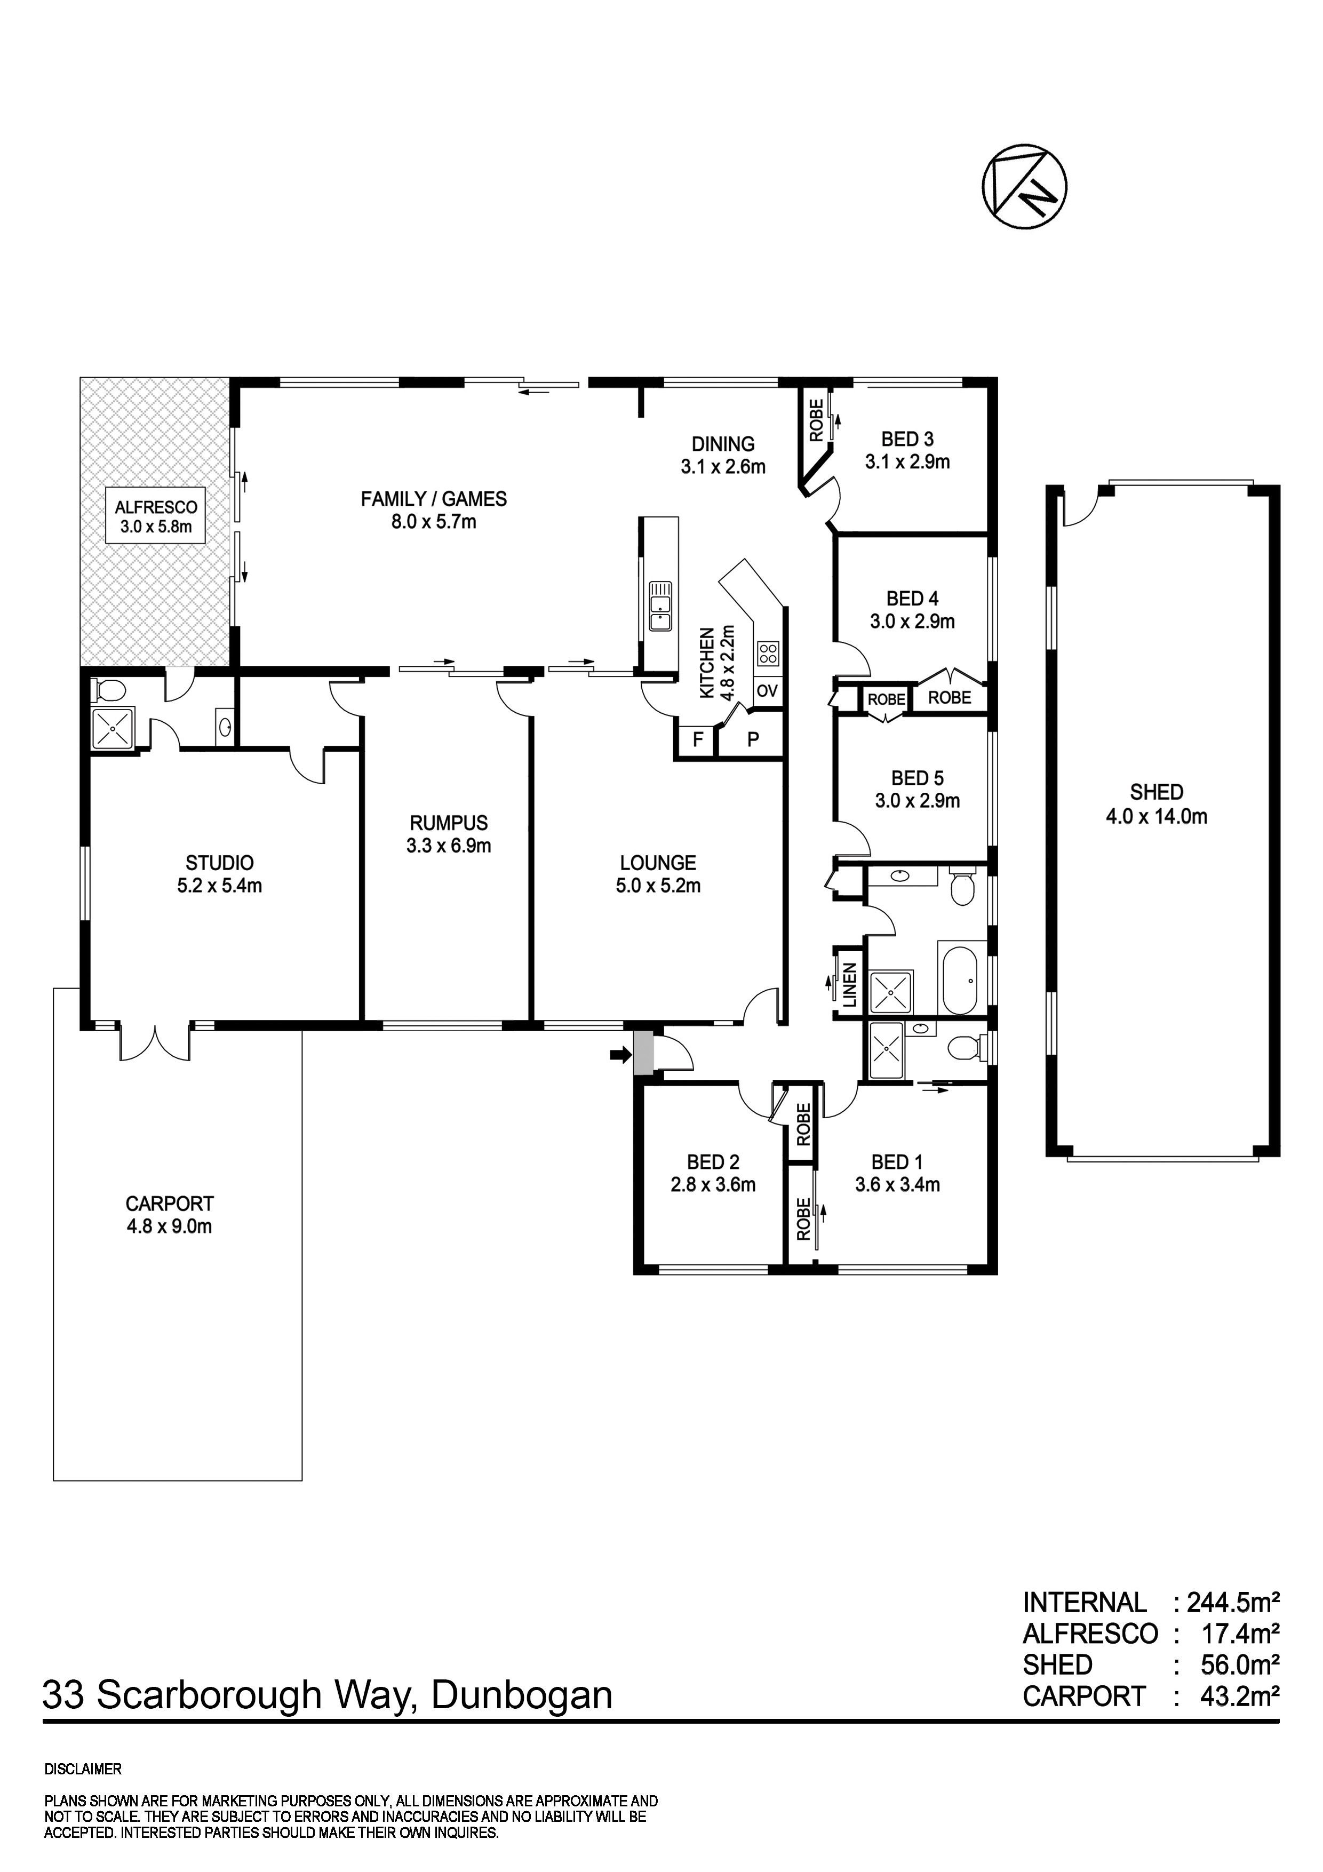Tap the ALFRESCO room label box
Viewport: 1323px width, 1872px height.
pos(156,516)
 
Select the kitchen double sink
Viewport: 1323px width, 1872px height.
pos(659,606)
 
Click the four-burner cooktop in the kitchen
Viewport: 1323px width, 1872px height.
pos(768,652)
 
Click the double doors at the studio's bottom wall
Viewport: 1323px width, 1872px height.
pos(155,1043)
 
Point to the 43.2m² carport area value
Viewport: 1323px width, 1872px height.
pos(1239,1696)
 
